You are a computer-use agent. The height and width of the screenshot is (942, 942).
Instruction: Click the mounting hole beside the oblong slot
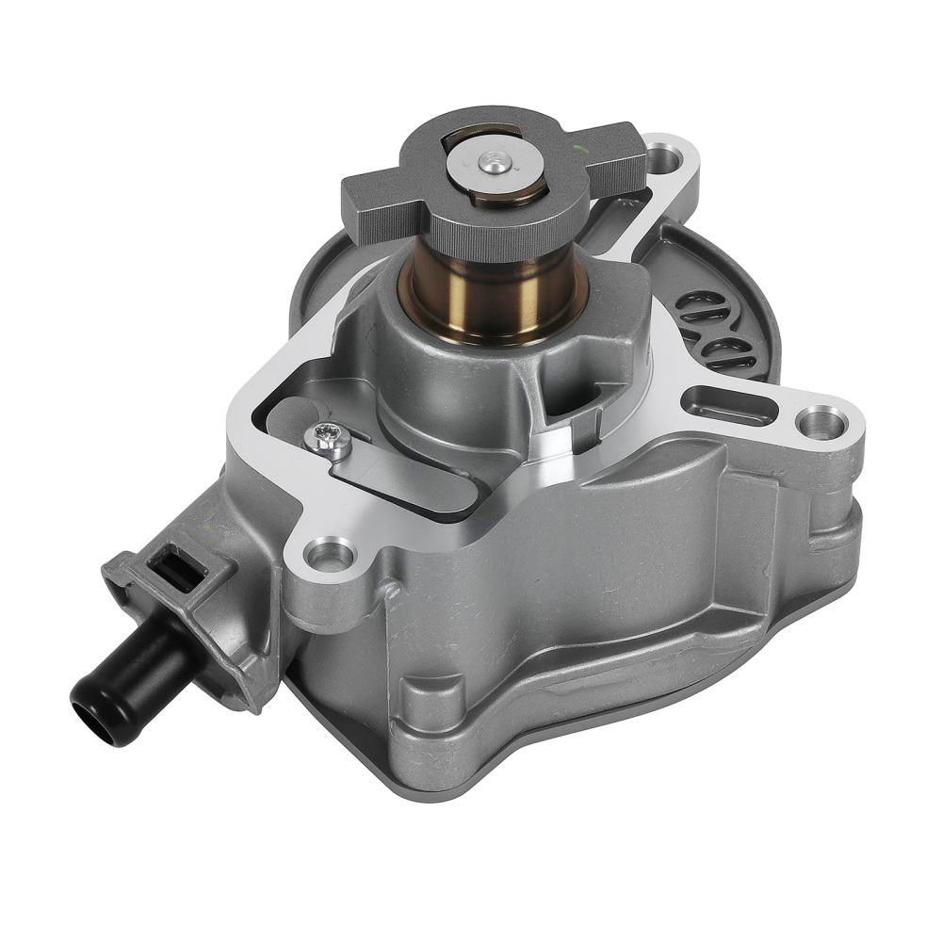coord(821,422)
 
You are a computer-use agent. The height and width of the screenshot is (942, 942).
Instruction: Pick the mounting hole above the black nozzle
coord(327,556)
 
